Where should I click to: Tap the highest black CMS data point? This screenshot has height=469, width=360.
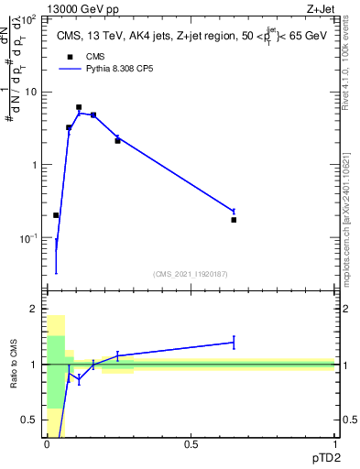pyautogui.click(x=79, y=107)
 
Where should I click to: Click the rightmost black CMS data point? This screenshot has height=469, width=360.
pyautogui.click(x=234, y=220)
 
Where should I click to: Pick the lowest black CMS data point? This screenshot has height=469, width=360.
pyautogui.click(x=56, y=215)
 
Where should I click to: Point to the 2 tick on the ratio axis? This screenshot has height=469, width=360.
pyautogui.click(x=33, y=310)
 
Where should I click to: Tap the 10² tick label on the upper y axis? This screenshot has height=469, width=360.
pyautogui.click(x=28, y=18)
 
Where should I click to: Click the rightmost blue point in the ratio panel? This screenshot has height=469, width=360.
pyautogui.click(x=234, y=343)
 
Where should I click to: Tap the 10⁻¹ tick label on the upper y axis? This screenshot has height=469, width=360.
pyautogui.click(x=28, y=237)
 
